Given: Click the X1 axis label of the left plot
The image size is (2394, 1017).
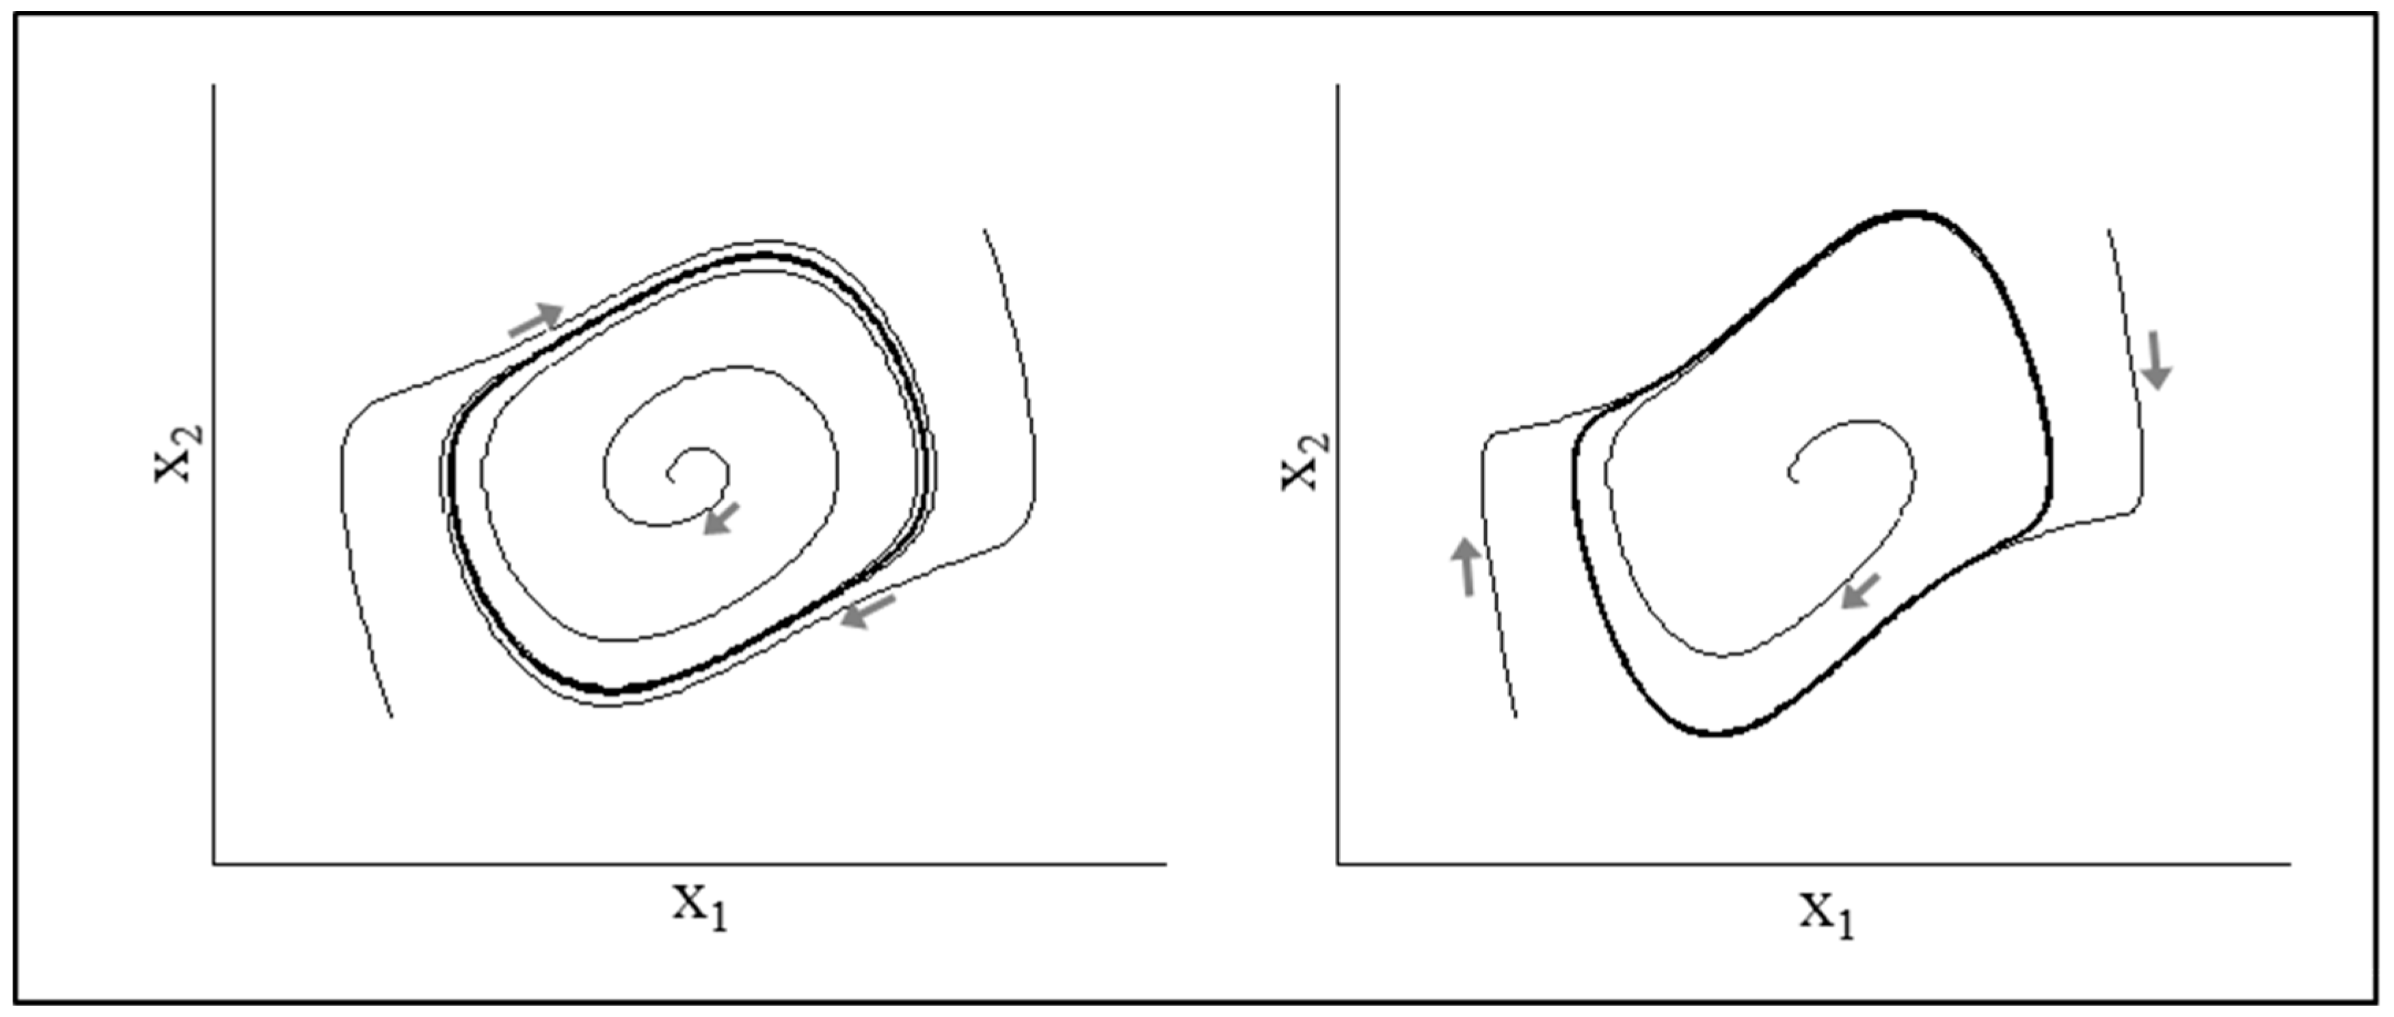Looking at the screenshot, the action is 701,908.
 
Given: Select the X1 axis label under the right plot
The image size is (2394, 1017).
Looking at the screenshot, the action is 1827,915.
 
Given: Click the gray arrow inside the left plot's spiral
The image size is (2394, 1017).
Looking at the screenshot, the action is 721,518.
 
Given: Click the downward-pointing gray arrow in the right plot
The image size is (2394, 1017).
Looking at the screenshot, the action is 2156,361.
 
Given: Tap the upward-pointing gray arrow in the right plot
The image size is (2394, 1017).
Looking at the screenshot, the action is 1466,566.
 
